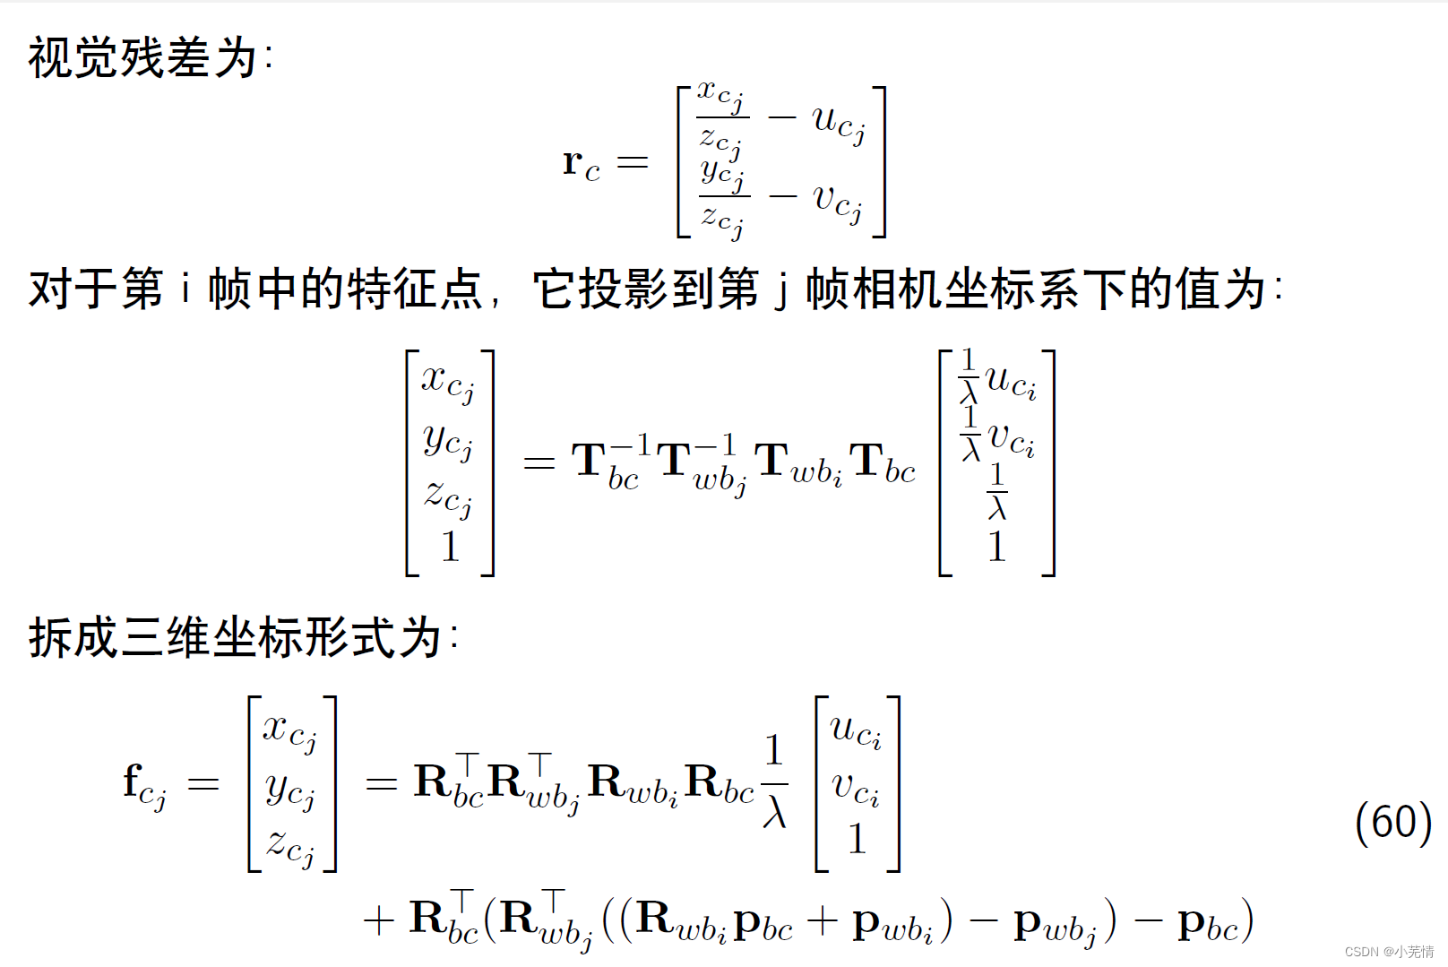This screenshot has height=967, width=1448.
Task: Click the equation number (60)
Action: [1392, 822]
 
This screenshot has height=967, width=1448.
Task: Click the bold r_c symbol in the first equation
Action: [581, 163]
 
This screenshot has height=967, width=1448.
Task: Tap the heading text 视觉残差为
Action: [143, 58]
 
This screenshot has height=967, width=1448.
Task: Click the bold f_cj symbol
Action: [144, 785]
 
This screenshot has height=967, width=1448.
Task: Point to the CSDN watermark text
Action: [1389, 952]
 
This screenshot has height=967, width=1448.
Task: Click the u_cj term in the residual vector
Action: [839, 121]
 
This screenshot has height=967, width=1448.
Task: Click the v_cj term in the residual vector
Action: [837, 200]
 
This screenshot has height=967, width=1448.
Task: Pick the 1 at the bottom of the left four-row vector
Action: [450, 547]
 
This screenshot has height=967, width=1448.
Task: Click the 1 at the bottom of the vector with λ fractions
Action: [996, 547]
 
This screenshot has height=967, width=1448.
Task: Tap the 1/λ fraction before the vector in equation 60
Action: [774, 782]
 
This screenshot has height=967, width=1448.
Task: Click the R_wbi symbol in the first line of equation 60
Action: [633, 784]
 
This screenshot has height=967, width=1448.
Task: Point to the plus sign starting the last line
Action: [379, 921]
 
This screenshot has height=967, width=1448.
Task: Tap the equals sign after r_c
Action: [633, 162]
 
